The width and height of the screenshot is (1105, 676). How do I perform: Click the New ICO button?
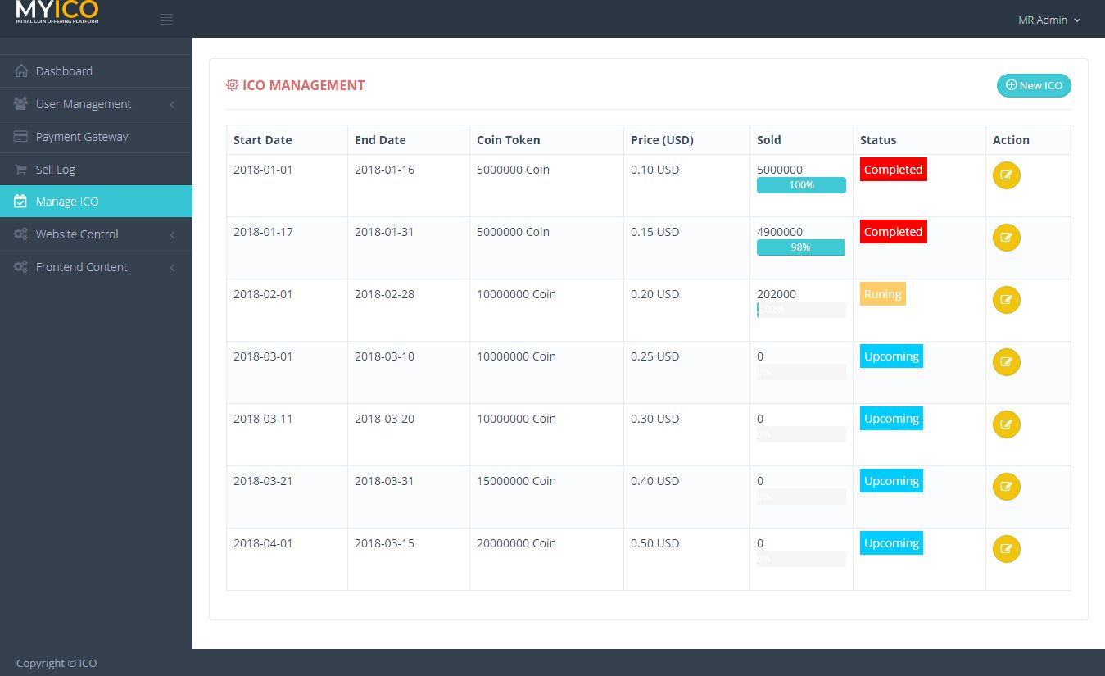(x=1034, y=85)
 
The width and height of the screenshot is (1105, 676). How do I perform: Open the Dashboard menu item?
(x=64, y=71)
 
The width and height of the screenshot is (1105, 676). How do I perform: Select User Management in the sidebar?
(x=83, y=104)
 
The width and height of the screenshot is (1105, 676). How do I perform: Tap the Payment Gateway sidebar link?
(x=82, y=137)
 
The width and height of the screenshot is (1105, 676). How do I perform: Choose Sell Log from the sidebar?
(x=55, y=170)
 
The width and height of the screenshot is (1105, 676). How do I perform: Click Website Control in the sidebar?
(x=77, y=234)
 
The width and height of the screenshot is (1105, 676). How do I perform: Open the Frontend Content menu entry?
(x=81, y=267)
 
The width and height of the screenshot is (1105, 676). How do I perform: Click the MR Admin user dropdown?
(x=1049, y=20)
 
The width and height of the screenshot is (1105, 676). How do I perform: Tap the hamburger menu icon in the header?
(x=166, y=20)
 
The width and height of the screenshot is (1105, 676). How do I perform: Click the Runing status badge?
(x=882, y=294)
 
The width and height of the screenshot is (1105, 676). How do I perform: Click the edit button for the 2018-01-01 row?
(x=1006, y=175)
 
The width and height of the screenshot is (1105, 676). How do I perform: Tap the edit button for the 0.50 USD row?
(x=1006, y=549)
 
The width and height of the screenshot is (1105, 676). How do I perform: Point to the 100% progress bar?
(x=801, y=185)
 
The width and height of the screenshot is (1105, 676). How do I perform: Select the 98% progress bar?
(x=800, y=247)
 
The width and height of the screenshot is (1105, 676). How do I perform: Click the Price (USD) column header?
(x=662, y=140)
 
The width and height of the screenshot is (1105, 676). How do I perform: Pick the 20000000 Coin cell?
(x=516, y=543)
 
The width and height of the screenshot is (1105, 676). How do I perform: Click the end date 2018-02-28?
(x=384, y=294)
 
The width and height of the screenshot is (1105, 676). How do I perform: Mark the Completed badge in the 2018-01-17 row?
(x=893, y=232)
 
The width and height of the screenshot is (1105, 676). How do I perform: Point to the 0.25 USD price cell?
(x=654, y=356)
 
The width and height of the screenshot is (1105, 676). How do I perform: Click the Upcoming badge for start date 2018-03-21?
(x=891, y=481)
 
